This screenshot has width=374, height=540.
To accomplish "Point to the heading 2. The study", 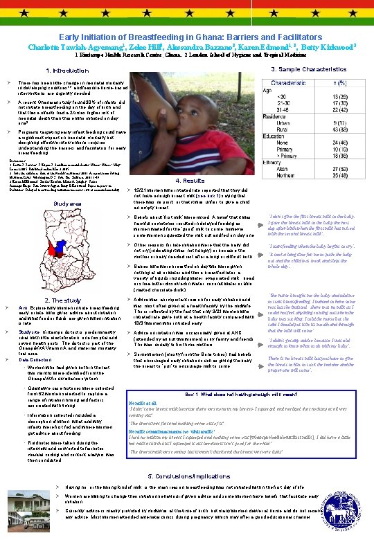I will [x=62, y=300].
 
